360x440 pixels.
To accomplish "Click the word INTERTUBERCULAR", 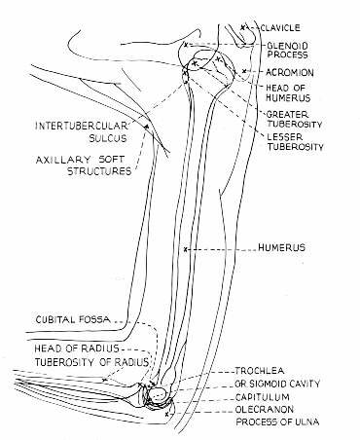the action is pyautogui.click(x=74, y=126).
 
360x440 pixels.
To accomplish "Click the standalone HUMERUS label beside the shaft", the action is pyautogui.click(x=282, y=249).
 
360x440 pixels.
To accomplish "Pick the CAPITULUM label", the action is pyautogui.click(x=289, y=397).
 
